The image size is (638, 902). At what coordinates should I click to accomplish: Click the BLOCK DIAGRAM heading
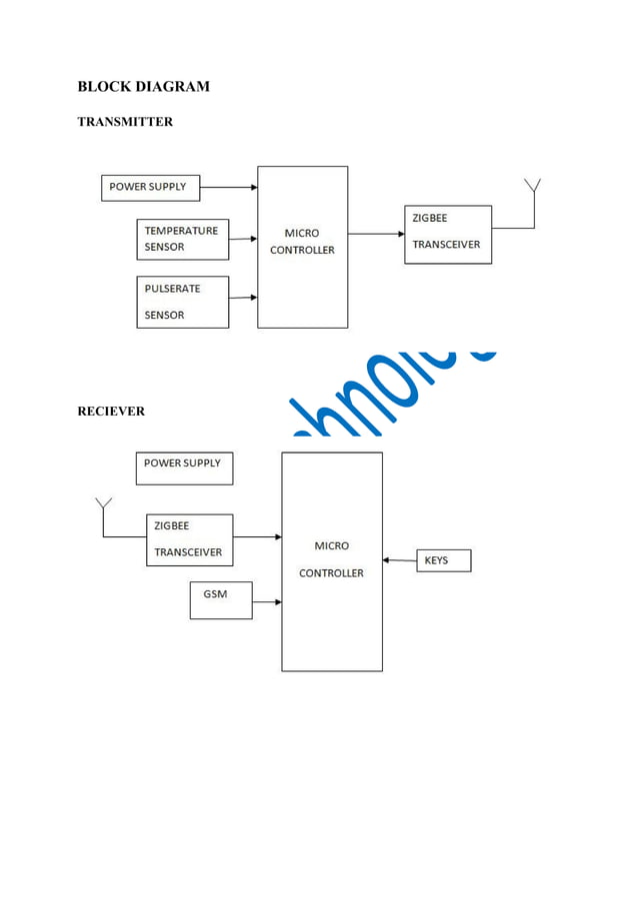[x=143, y=86]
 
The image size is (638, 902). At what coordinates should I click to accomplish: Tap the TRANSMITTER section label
[x=125, y=122]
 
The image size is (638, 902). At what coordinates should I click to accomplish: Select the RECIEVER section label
[x=111, y=411]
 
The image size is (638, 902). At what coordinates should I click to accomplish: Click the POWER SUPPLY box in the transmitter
[x=150, y=188]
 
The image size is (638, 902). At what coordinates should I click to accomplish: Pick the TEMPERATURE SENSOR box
[x=182, y=239]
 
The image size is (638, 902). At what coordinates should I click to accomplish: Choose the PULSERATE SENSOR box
[x=182, y=302]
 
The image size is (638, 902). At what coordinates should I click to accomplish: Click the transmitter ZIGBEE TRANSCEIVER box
[x=447, y=234]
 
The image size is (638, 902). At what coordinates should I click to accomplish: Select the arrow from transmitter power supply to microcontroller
[x=228, y=187]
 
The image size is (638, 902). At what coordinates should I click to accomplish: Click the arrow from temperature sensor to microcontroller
[x=243, y=239]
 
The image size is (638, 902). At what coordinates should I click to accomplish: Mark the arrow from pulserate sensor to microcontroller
[x=243, y=297]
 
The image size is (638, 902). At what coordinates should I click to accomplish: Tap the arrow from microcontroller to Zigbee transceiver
[x=376, y=234]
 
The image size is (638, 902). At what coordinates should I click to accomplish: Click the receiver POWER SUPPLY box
[x=184, y=467]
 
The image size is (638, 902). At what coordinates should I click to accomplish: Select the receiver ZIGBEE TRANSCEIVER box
[x=189, y=539]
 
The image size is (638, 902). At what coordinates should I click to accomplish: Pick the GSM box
[x=220, y=599]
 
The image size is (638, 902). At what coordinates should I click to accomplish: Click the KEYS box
[x=442, y=560]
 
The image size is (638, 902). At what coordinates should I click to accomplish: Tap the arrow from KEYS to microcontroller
[x=399, y=560]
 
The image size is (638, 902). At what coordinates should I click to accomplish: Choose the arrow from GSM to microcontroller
[x=266, y=601]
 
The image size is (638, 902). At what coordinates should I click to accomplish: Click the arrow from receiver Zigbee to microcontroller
[x=257, y=536]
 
